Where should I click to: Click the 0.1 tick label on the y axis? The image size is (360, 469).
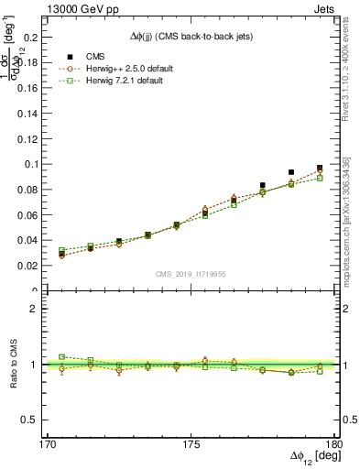[34, 164]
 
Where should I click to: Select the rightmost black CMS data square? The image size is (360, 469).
[320, 169]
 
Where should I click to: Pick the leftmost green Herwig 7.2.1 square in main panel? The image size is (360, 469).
[62, 250]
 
